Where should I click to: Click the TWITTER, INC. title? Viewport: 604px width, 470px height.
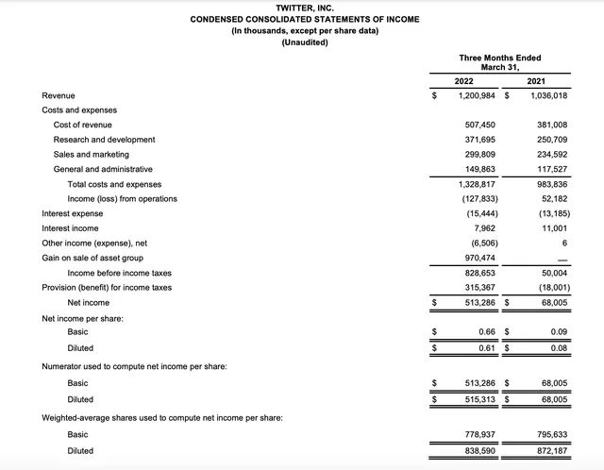click(x=304, y=8)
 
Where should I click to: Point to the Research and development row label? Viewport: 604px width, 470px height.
click(x=104, y=140)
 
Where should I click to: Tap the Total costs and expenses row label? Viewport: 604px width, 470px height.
click(x=114, y=184)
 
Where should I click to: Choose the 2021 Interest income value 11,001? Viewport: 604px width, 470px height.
click(x=550, y=227)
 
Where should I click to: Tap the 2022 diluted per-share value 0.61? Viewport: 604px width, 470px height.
click(x=488, y=346)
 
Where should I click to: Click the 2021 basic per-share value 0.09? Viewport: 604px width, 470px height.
click(x=557, y=331)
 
